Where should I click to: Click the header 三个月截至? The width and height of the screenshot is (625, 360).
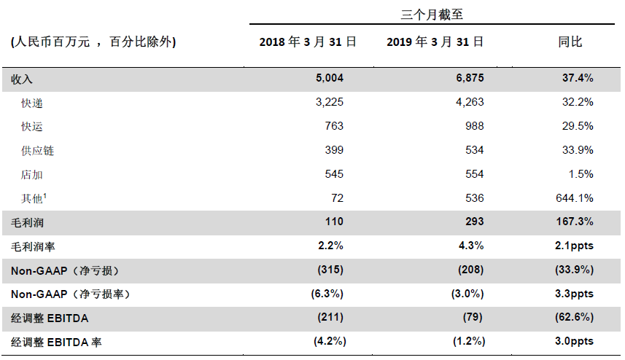coord(436,14)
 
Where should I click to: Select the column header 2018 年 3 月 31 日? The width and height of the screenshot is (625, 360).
coord(308,42)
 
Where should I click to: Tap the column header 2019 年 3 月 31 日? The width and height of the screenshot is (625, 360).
coord(435,42)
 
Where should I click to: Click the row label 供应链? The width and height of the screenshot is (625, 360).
coord(38,151)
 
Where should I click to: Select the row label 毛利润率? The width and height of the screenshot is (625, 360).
coord(33,246)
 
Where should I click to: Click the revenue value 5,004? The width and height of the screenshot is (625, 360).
coord(329,78)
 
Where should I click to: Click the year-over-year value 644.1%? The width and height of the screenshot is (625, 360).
coord(575,198)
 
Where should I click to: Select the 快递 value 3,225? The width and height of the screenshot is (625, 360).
coord(329,102)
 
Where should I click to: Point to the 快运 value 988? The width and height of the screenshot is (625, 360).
coord(475,126)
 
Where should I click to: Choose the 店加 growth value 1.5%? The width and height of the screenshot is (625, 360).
coord(580,174)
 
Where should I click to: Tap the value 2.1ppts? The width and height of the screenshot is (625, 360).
coord(574,246)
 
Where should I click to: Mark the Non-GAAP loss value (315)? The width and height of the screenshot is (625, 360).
coord(330,270)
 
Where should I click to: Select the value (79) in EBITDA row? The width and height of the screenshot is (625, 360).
coord(475,317)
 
